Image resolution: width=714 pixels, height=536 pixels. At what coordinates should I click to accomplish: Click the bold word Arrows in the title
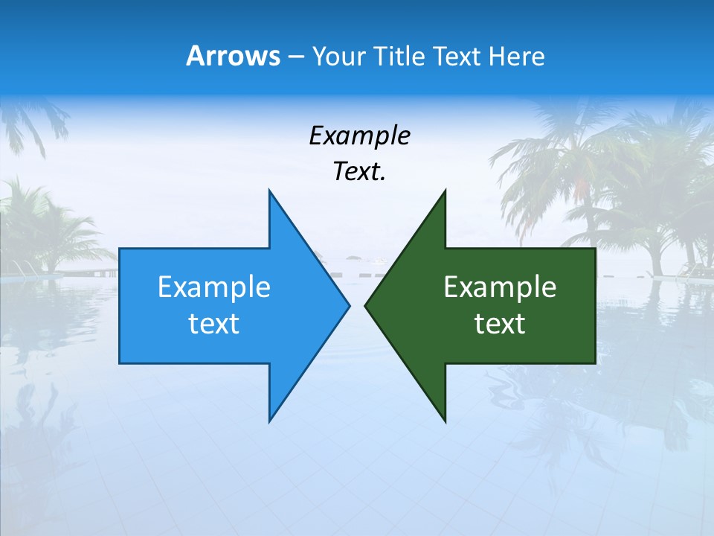233,56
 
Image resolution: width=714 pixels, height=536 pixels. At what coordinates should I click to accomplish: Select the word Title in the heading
399,56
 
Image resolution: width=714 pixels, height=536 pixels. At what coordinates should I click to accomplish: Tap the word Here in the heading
516,56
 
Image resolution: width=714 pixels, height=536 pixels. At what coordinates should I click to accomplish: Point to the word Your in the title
340,56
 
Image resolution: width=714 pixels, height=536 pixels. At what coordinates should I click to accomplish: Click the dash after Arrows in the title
295,57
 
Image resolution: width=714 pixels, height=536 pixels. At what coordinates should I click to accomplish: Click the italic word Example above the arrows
359,135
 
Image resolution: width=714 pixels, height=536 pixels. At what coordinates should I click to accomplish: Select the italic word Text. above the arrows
359,171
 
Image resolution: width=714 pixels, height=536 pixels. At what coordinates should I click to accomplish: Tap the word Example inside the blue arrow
213,287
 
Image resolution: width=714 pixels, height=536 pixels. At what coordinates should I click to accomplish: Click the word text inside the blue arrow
213,324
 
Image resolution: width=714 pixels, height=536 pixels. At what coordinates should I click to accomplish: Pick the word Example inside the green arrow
500,287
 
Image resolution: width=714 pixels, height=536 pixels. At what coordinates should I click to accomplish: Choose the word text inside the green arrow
500,324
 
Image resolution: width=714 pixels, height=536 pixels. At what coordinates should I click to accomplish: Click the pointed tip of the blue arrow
350,305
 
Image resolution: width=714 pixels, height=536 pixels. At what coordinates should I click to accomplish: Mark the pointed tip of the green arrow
365,305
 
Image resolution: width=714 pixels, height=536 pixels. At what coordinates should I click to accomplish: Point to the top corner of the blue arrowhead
269,190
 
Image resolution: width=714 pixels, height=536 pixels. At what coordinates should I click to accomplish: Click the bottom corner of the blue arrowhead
269,421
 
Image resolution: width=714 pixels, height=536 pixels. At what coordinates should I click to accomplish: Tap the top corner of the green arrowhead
446,190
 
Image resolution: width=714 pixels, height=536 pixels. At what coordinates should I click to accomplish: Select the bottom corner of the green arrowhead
446,421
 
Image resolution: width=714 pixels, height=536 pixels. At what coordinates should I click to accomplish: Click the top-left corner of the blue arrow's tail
120,249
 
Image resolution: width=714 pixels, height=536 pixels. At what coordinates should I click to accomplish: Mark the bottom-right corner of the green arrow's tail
595,363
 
